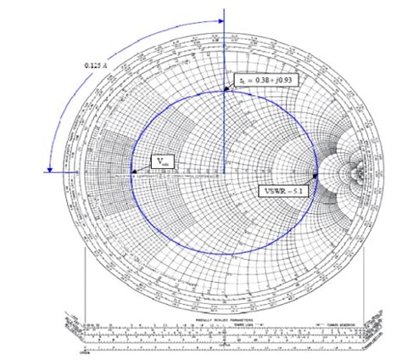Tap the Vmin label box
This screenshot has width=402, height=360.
click(163, 160)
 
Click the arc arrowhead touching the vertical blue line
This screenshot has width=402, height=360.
click(219, 24)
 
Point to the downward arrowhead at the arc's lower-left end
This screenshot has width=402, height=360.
click(53, 167)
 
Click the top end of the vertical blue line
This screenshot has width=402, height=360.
click(224, 11)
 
